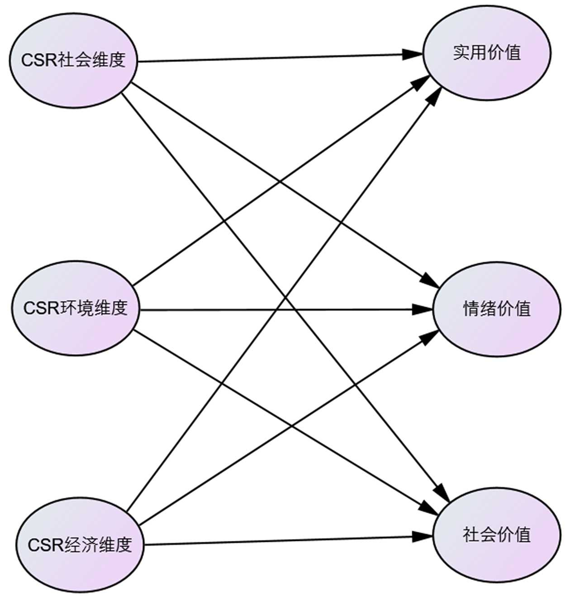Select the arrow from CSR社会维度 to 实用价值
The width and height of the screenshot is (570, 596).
(x=271, y=58)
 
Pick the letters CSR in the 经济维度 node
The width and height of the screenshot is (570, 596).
(x=46, y=545)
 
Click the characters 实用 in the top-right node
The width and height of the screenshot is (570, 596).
(x=470, y=53)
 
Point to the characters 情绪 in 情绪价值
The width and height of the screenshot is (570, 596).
(x=480, y=309)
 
